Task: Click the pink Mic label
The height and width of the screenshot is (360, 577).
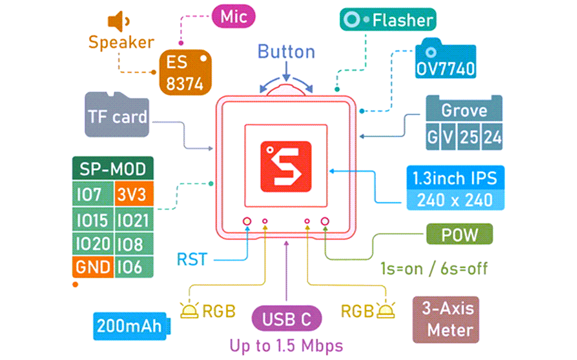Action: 234,16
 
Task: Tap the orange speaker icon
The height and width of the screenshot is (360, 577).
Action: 118,22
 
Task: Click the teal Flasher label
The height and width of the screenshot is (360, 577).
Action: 388,20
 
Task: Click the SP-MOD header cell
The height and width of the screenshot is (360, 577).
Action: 113,169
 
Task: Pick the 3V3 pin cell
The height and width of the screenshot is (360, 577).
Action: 134,194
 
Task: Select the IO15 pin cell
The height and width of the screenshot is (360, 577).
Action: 92,220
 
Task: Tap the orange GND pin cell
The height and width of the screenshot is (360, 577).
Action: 93,267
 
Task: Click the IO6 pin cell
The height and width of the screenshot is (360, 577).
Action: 134,267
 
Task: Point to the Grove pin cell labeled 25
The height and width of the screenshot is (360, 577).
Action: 469,137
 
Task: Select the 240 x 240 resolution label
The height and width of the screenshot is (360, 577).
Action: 455,200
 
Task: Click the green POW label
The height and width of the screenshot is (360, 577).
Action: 459,234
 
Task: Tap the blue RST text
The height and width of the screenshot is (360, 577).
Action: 192,260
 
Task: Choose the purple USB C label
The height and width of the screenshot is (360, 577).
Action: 286,318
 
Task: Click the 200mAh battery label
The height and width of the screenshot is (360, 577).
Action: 130,325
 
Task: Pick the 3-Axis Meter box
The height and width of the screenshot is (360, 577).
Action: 446,319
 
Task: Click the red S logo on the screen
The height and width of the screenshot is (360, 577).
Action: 286,166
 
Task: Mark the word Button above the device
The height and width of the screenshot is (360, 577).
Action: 286,52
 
